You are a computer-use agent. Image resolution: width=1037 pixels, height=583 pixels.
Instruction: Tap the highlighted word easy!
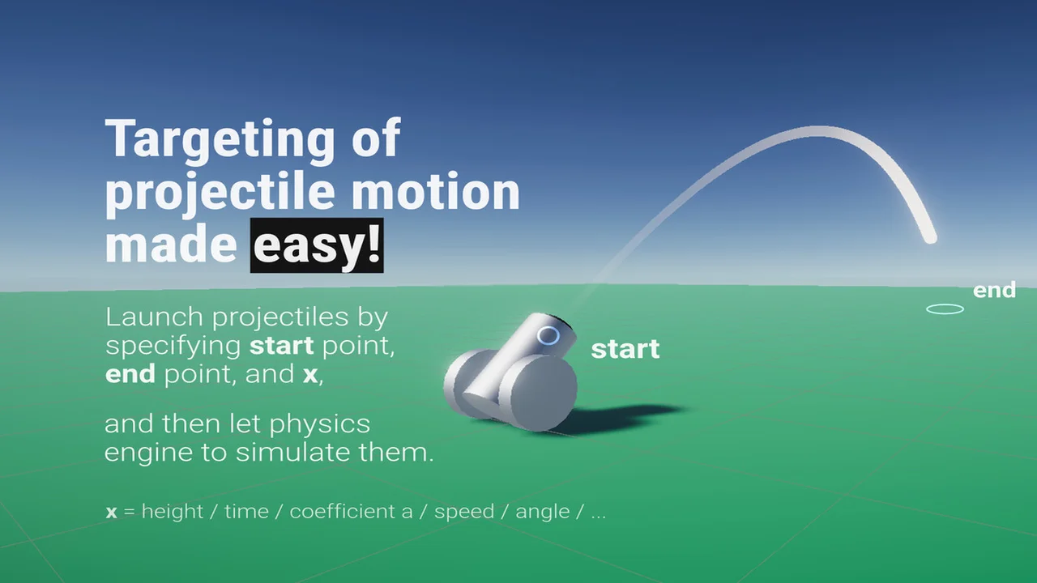pyautogui.click(x=317, y=245)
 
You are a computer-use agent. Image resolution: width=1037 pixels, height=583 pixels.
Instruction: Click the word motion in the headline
pyautogui.click(x=436, y=190)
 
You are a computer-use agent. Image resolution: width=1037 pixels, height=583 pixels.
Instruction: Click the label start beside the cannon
pyautogui.click(x=625, y=349)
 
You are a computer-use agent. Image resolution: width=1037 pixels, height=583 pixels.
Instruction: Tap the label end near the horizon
pyautogui.click(x=994, y=291)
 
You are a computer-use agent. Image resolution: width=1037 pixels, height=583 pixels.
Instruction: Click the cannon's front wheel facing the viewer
pyautogui.click(x=538, y=394)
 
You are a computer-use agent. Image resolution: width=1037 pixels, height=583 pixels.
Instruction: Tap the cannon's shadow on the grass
pyautogui.click(x=621, y=416)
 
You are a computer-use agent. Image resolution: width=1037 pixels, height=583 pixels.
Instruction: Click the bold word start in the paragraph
pyautogui.click(x=281, y=346)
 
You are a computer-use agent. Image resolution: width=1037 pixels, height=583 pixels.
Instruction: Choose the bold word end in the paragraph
pyautogui.click(x=130, y=374)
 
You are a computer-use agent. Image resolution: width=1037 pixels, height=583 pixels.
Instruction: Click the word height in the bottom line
pyautogui.click(x=173, y=511)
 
